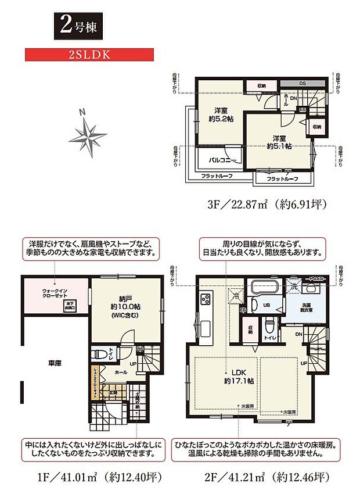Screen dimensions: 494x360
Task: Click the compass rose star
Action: pyautogui.click(x=88, y=134)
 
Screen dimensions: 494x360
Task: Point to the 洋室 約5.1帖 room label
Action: pyautogui.click(x=279, y=142)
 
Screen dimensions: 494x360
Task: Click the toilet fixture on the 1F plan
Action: pyautogui.click(x=99, y=353)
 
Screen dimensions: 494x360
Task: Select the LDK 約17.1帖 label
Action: pyautogui.click(x=239, y=377)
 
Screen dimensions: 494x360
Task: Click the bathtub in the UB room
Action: pyautogui.click(x=266, y=288)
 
